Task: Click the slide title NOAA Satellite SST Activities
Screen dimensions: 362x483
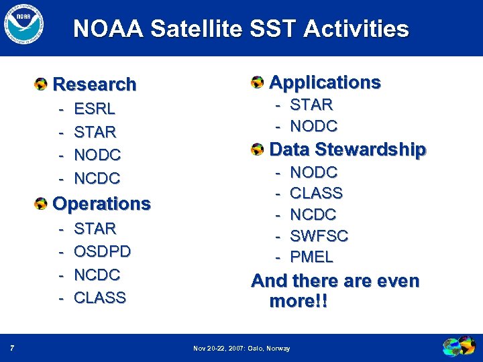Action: pyautogui.click(x=241, y=29)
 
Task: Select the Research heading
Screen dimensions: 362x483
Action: pyautogui.click(x=94, y=84)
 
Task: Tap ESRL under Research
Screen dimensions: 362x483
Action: pyautogui.click(x=95, y=109)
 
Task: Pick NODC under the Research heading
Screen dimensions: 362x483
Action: pyautogui.click(x=97, y=155)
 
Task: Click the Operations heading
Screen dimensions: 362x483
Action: pyautogui.click(x=101, y=203)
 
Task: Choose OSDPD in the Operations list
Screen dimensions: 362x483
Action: pyautogui.click(x=102, y=251)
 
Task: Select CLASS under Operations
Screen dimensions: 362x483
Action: pyautogui.click(x=100, y=298)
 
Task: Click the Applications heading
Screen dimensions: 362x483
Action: pyautogui.click(x=325, y=82)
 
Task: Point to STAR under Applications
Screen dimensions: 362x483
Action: pyautogui.click(x=311, y=105)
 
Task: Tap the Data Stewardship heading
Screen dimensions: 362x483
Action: pyautogui.click(x=347, y=149)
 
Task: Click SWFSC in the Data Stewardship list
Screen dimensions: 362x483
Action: pyautogui.click(x=319, y=235)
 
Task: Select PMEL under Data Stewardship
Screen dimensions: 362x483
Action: pyautogui.click(x=311, y=257)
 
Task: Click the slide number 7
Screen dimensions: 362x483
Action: pyautogui.click(x=13, y=348)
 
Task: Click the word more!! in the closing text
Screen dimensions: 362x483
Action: pyautogui.click(x=299, y=302)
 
